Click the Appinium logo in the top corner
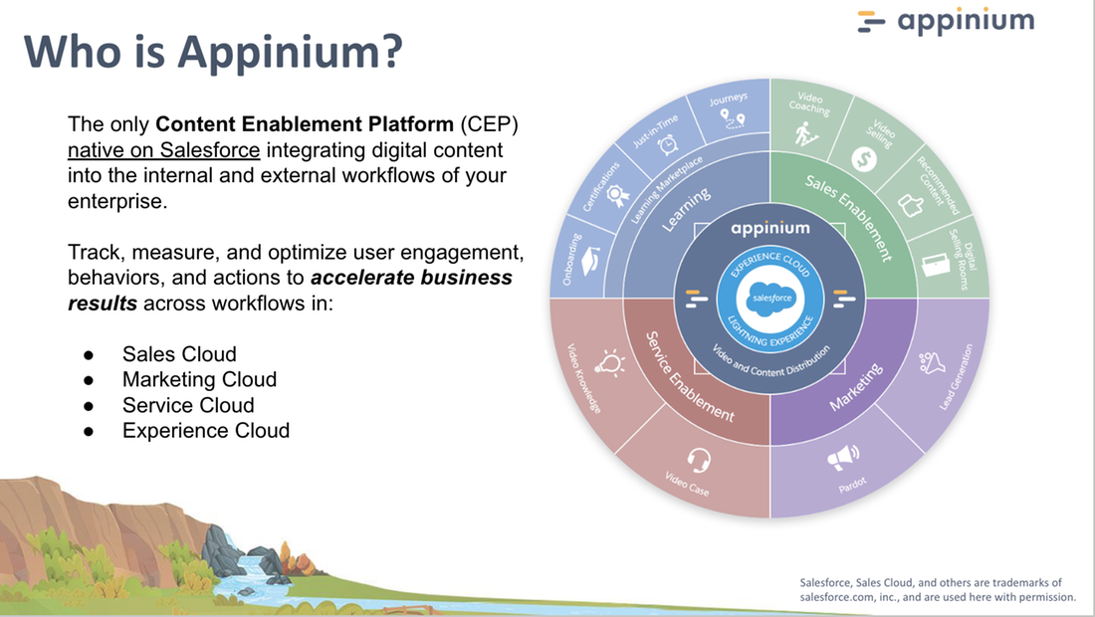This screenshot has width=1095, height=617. [x=945, y=21]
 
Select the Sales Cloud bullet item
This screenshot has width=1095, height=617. [x=179, y=353]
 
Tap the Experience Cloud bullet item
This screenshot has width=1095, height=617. [x=205, y=431]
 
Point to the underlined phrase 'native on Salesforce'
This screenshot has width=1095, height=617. [x=164, y=151]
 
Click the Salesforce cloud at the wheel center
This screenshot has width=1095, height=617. [x=770, y=298]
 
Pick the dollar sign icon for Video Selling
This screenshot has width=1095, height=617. [x=863, y=158]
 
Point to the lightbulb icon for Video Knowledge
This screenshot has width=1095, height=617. [x=609, y=364]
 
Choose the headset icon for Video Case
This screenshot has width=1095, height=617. [x=698, y=460]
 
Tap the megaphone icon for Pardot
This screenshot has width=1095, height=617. [x=842, y=458]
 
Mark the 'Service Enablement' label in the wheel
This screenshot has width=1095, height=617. [x=689, y=379]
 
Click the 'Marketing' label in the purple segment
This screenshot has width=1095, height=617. [x=857, y=387]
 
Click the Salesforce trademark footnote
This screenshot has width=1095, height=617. [x=938, y=590]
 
